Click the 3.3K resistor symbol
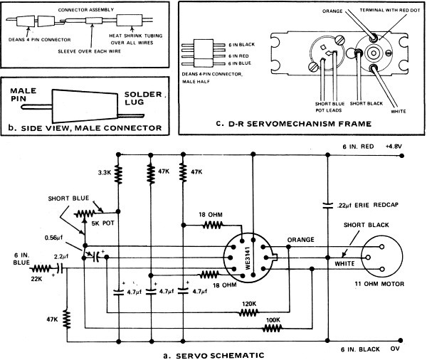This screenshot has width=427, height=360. [x=118, y=174]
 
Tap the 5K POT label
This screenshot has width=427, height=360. [x=103, y=223]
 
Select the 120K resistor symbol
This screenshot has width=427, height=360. [x=248, y=313]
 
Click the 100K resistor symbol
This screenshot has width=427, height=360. [x=272, y=329]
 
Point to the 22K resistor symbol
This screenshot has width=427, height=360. [x=41, y=269]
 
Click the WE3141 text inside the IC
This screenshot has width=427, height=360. [x=248, y=258]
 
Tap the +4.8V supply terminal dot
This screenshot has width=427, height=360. [x=401, y=156]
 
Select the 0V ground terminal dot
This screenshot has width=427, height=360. [x=400, y=340]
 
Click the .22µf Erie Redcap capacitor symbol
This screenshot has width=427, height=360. [x=327, y=206]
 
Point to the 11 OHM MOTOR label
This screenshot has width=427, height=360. [x=379, y=284]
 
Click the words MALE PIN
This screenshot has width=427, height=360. [x=23, y=95]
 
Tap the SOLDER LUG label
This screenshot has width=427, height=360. [x=143, y=98]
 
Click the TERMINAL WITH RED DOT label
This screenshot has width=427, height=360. [x=390, y=11]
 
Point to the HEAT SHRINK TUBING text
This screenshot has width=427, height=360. [x=136, y=36]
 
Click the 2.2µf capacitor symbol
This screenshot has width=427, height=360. [x=60, y=268]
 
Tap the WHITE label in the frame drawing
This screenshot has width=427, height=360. [x=398, y=112]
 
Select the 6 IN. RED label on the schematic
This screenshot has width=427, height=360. [x=358, y=147]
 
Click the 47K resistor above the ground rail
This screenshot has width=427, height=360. [x=67, y=319]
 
